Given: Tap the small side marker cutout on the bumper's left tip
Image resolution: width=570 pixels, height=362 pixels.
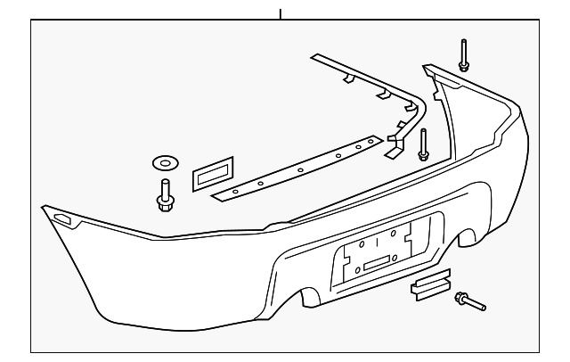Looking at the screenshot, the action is tap(63, 218).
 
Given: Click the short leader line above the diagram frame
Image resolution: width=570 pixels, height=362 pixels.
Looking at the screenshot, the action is tap(280, 14).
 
